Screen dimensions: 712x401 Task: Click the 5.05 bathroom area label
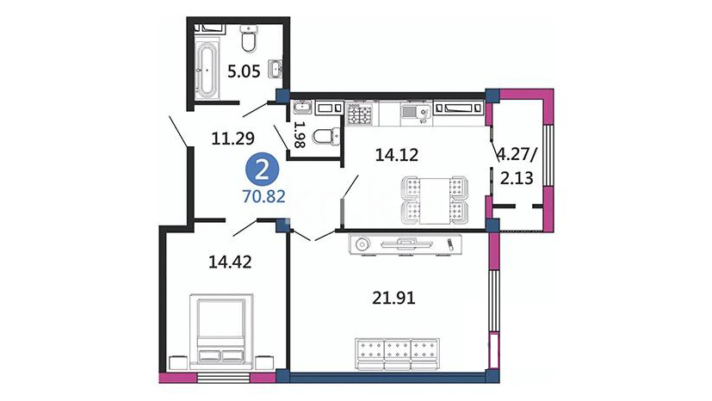[244, 71]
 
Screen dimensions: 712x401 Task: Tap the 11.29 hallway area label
[233, 138]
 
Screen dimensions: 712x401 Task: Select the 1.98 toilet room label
[300, 134]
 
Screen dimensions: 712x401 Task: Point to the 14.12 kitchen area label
[396, 155]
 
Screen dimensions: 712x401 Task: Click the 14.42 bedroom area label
[230, 262]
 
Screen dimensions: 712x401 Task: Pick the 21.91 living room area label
[393, 298]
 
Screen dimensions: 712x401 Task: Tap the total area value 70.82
[263, 196]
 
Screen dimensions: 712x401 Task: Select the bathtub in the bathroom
[207, 70]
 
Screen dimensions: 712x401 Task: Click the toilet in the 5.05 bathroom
[249, 38]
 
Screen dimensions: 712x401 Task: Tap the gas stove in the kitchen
[360, 113]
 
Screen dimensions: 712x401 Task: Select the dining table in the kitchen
[435, 201]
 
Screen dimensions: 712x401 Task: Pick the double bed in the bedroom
[221, 329]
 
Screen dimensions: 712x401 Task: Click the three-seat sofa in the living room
[397, 355]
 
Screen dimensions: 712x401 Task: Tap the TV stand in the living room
[406, 244]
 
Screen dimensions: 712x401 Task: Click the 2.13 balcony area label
[517, 178]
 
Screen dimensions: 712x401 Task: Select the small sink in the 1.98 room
[302, 108]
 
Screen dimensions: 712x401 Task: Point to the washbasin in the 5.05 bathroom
[276, 69]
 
